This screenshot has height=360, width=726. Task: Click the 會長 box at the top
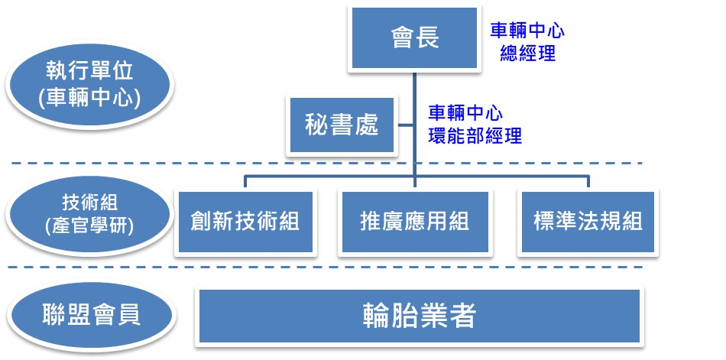(414, 38)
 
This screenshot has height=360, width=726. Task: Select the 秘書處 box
(342, 125)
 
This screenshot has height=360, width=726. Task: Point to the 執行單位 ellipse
(90, 86)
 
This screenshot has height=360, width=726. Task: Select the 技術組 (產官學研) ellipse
(90, 215)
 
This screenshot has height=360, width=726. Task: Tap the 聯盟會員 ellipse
(91, 315)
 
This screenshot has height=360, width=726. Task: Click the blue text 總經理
(528, 54)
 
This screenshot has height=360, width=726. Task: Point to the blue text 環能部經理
(475, 136)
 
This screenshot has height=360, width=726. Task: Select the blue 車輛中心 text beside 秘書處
(465, 113)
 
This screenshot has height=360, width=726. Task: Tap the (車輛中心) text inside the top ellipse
(90, 99)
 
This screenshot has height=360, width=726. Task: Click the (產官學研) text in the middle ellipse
(90, 226)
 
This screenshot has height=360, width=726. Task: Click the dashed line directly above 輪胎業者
(325, 267)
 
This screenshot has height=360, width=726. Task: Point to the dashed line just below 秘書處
(325, 163)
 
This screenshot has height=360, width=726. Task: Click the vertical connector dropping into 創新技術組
(245, 182)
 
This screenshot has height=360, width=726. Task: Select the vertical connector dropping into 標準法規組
(588, 182)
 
